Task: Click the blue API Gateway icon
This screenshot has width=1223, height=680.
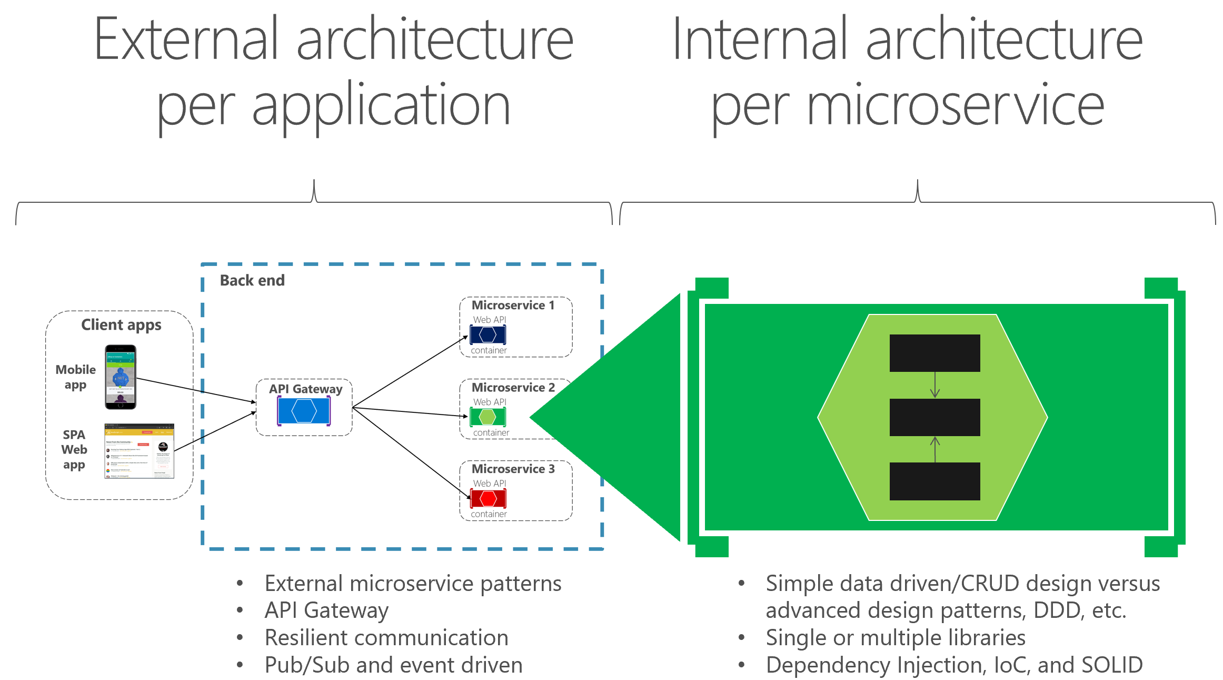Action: pyautogui.click(x=304, y=411)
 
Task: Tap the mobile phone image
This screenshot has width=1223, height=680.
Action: pyautogui.click(x=121, y=377)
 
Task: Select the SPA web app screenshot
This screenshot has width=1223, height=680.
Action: pyautogui.click(x=139, y=451)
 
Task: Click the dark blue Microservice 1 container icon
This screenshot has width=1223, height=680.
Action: pyautogui.click(x=488, y=335)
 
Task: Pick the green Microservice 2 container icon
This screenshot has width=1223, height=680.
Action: pyautogui.click(x=488, y=417)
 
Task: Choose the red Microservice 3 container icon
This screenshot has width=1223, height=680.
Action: pyautogui.click(x=488, y=498)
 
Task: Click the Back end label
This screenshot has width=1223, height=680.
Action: pyautogui.click(x=252, y=280)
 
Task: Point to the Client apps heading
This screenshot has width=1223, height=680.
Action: pyautogui.click(x=121, y=324)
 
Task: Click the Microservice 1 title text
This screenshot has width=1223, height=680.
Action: pyautogui.click(x=513, y=305)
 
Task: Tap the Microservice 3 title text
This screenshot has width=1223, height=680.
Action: pyautogui.click(x=513, y=469)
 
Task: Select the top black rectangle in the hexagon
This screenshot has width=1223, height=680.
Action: pyautogui.click(x=934, y=353)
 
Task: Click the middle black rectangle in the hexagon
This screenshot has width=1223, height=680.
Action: pyautogui.click(x=934, y=417)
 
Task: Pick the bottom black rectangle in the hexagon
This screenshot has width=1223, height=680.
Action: pyautogui.click(x=934, y=481)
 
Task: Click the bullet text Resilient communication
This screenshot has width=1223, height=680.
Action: pyautogui.click(x=386, y=637)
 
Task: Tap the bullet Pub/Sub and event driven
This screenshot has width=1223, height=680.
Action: pyautogui.click(x=393, y=665)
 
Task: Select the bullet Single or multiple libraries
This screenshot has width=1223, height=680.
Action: pyautogui.click(x=895, y=637)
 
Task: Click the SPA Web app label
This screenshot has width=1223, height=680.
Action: pyautogui.click(x=74, y=450)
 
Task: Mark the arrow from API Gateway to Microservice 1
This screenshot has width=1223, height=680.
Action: pyautogui.click(x=411, y=371)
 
